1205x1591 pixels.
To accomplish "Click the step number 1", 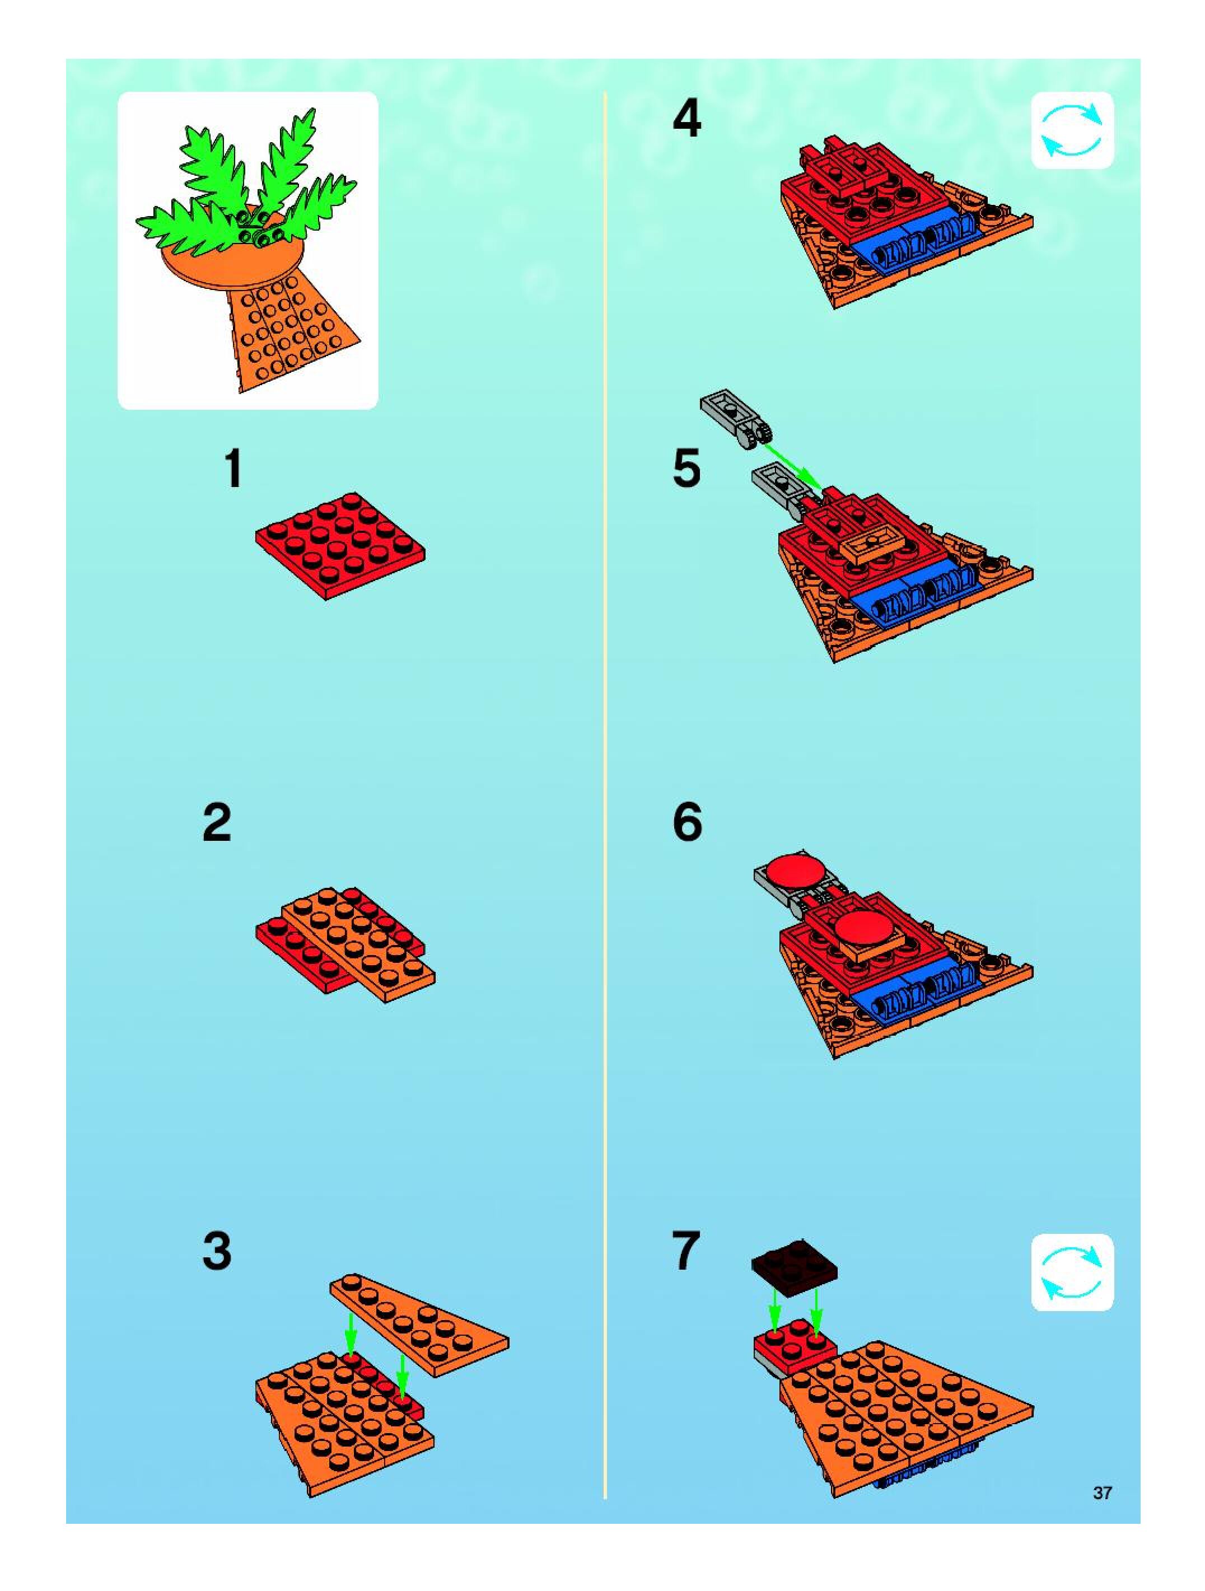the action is pyautogui.click(x=232, y=469).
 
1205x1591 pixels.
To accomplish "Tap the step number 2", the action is pyautogui.click(x=217, y=823).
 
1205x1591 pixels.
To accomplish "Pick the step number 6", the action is pyautogui.click(x=687, y=823).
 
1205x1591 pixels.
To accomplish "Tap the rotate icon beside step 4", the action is pyautogui.click(x=1072, y=131).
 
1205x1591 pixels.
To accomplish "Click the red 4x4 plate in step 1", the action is pyautogui.click(x=339, y=545).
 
